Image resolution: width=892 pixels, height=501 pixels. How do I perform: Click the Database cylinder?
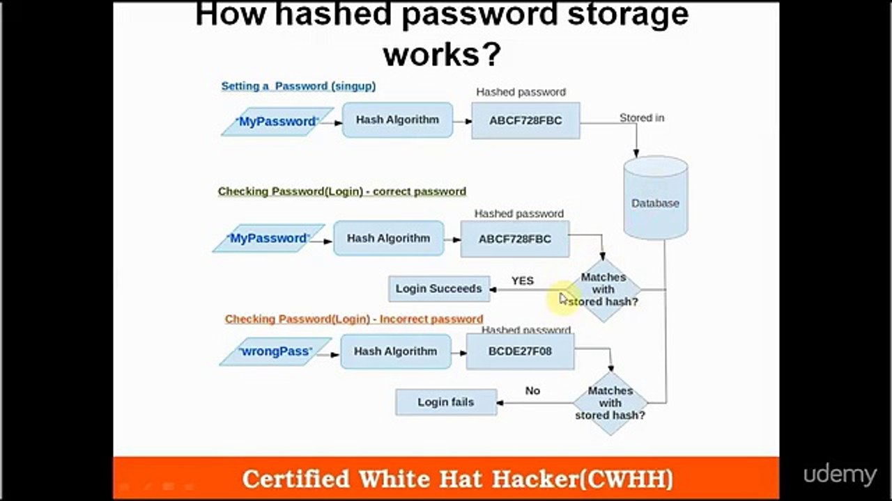[656, 198]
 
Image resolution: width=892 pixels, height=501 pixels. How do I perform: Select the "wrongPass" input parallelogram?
[275, 351]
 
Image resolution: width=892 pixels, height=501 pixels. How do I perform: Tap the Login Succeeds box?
[439, 289]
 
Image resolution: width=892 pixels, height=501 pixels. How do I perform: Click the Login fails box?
[446, 402]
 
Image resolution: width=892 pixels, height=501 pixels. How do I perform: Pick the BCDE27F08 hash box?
[520, 351]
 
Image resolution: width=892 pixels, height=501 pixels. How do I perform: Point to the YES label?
[523, 280]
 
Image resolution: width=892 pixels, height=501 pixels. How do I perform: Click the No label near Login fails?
[532, 390]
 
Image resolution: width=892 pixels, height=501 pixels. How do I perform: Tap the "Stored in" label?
[642, 118]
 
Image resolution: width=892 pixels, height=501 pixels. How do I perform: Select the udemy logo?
[840, 475]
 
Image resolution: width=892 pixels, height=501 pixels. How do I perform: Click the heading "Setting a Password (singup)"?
[298, 86]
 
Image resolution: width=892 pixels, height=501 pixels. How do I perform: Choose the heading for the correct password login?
[342, 191]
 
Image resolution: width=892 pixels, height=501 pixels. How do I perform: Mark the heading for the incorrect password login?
[354, 319]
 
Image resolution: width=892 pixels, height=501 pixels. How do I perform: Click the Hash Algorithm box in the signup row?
[397, 120]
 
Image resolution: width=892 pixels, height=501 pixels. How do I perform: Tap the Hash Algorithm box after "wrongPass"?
[396, 351]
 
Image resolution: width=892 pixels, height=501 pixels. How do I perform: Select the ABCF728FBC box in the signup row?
[525, 120]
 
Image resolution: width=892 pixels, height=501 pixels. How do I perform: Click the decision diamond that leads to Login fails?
[610, 403]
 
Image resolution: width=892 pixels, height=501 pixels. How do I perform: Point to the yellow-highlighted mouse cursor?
[563, 299]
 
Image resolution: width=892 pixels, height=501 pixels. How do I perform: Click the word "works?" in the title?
[442, 54]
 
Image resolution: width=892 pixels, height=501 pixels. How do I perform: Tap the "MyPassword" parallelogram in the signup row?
[277, 122]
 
